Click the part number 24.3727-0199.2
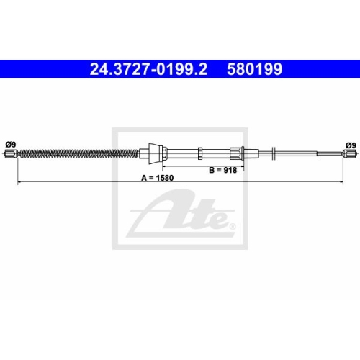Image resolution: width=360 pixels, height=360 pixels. tap(148, 69)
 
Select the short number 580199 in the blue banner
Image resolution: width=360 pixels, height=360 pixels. tap(255, 69)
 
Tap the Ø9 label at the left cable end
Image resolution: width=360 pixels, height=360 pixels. tap(11, 145)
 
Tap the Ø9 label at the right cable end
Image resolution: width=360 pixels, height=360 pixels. tap(351, 145)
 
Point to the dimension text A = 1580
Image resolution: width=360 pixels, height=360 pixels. tap(158, 178)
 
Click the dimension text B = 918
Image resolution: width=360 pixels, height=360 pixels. tap(223, 170)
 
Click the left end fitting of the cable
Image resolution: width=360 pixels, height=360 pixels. tap(11, 153)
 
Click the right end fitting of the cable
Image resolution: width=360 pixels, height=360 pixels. tap(349, 153)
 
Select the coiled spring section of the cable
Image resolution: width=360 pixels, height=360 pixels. tap(78, 153)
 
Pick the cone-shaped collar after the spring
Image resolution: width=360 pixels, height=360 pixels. tap(154, 153)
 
